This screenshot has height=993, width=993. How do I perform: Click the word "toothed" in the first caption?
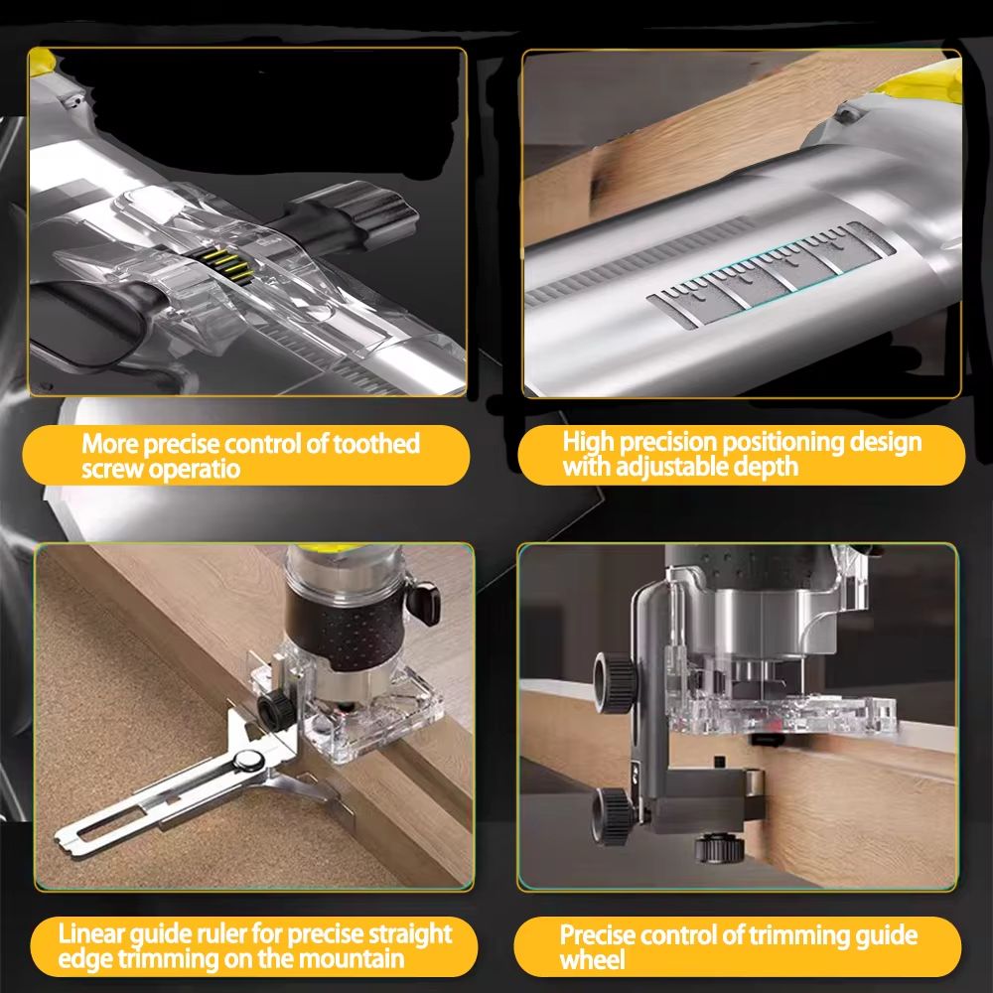(374, 444)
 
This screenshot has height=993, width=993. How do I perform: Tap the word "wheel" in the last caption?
(593, 960)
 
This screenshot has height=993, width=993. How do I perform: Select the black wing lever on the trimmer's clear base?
(425, 596)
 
